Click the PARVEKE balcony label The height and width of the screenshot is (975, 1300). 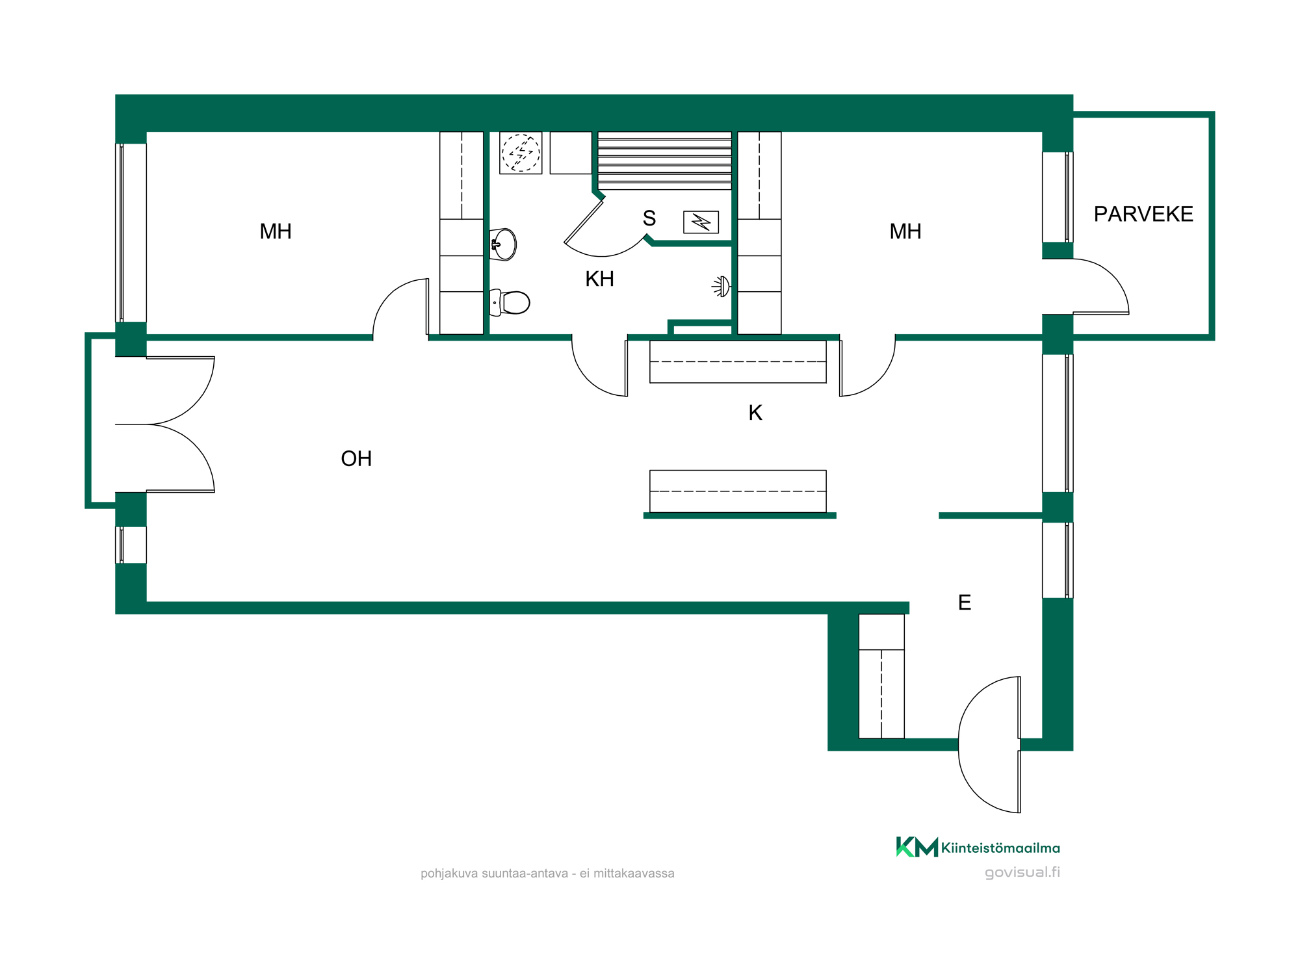coord(1143,214)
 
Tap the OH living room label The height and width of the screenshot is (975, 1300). coord(356,459)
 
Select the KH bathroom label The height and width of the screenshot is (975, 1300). coord(599,279)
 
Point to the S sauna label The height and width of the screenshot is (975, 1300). coord(649,218)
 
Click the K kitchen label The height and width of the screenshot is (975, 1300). coord(755,413)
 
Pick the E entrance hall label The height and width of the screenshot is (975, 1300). coord(965,603)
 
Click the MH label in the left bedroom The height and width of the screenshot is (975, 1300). coord(276,231)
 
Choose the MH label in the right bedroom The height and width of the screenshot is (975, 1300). coord(905,231)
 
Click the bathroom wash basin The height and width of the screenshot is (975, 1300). coord(503,244)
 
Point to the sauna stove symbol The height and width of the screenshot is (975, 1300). coord(701,222)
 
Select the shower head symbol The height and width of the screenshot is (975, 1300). coord(721,286)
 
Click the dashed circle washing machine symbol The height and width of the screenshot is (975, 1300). coord(521,153)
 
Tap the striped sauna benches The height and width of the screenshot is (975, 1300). coord(664,161)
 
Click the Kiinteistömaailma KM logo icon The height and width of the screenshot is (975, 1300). coord(917,847)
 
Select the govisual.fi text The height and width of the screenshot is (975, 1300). coord(1022,872)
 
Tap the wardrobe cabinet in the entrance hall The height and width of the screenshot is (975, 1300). coord(881,676)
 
